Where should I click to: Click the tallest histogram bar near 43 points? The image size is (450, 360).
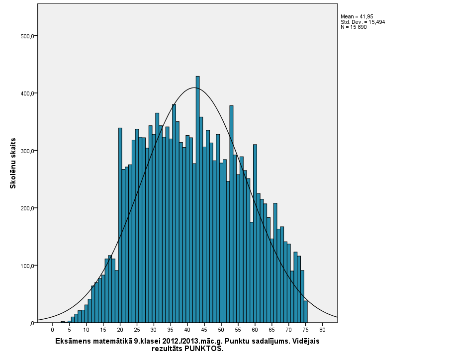(x=197, y=199)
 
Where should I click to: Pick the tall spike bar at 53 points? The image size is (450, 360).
(x=231, y=214)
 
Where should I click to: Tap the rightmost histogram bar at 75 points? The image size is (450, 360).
(x=305, y=311)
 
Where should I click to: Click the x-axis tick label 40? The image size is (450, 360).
(x=187, y=329)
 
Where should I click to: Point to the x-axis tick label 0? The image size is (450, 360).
(x=52, y=329)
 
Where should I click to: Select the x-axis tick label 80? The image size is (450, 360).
(x=322, y=329)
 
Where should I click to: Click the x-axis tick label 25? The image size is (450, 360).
(x=137, y=329)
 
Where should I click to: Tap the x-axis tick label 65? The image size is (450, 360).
(x=271, y=329)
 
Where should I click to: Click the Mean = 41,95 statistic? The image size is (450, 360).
(x=357, y=17)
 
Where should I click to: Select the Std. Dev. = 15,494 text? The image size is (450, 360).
(x=362, y=22)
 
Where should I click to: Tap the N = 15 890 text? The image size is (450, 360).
(x=354, y=27)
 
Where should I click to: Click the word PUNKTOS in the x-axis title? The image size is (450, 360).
(x=203, y=349)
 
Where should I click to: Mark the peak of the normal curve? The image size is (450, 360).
(x=194, y=88)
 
